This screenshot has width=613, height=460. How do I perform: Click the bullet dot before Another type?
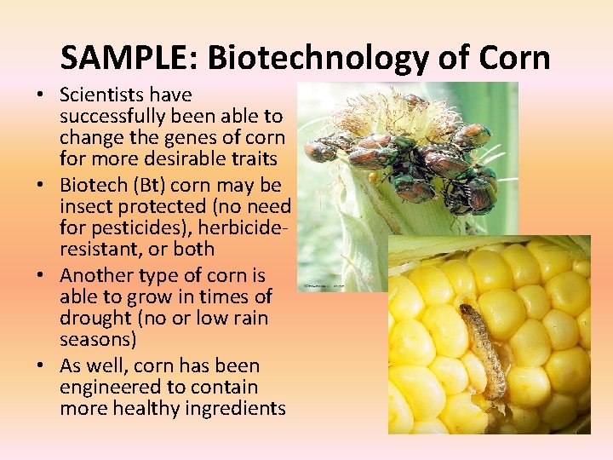[x=48, y=276]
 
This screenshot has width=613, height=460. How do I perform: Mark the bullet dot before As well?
[x=48, y=366]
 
